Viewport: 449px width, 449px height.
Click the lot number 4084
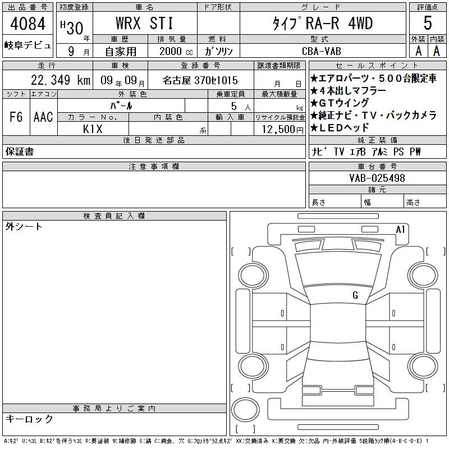[x=28, y=24]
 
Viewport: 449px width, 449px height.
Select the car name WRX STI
[x=145, y=23]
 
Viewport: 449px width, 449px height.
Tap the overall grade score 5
[x=428, y=22]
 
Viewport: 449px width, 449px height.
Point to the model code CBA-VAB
[x=322, y=51]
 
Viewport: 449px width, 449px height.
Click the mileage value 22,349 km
[x=61, y=80]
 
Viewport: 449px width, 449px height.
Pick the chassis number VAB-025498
[x=377, y=178]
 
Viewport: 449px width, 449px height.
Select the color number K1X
[x=93, y=129]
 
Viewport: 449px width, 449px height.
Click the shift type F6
[x=16, y=117]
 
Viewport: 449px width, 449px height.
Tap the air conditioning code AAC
[x=43, y=117]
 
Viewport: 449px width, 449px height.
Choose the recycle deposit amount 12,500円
[x=282, y=129]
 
